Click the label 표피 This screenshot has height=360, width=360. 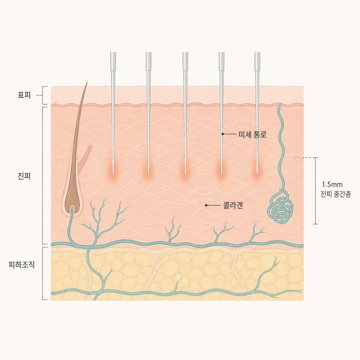pyautogui.click(x=24, y=95)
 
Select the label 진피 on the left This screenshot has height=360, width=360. pyautogui.click(x=24, y=176)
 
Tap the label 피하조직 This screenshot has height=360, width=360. pyautogui.click(x=21, y=265)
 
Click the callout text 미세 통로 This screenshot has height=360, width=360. pyautogui.click(x=252, y=134)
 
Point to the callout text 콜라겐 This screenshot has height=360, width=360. pyautogui.click(x=233, y=205)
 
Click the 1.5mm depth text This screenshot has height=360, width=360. pyautogui.click(x=332, y=185)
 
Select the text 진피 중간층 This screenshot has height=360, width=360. pyautogui.click(x=336, y=194)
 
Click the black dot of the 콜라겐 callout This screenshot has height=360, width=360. pyautogui.click(x=206, y=205)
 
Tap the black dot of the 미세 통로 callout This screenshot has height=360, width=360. pyautogui.click(x=223, y=134)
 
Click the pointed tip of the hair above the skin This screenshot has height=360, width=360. pyautogui.click(x=87, y=82)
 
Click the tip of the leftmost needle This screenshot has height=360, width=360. pyautogui.click(x=113, y=176)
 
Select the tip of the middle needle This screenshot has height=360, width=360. pyautogui.click(x=185, y=176)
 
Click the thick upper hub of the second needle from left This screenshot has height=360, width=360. pyautogui.click(x=149, y=61)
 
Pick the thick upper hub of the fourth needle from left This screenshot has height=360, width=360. pyautogui.click(x=221, y=61)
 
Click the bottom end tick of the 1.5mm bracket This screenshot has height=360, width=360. pyautogui.click(x=315, y=224)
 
